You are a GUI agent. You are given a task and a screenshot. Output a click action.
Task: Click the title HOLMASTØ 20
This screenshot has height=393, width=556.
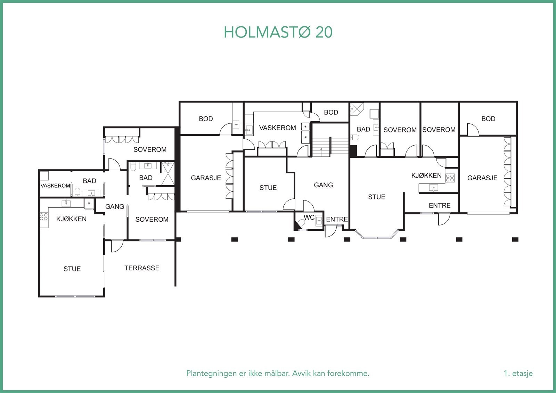278,32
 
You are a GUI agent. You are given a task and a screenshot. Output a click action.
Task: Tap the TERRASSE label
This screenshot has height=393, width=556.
142,268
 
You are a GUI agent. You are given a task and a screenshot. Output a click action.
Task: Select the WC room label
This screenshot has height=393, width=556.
309,218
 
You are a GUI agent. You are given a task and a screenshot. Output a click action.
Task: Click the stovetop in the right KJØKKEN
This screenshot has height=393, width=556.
450,178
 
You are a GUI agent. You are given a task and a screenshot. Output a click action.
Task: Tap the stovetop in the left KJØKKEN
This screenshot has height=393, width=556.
44,217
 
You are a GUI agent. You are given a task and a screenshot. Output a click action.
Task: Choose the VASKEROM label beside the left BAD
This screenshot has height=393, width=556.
55,186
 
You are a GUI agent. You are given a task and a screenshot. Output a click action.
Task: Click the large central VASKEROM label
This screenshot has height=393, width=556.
278,128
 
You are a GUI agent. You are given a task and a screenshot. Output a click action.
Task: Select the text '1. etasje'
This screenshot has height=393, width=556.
518,373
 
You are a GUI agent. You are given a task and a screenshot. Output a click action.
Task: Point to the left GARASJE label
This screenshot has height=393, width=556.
206,178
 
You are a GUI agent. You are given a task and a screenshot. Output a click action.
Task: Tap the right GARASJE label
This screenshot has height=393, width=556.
482,178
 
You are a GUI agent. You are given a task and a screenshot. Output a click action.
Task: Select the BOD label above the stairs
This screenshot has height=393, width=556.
331,113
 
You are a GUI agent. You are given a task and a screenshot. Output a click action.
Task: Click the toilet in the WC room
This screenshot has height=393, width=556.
301,223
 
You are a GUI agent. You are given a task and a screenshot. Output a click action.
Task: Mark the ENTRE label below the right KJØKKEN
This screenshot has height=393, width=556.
440,206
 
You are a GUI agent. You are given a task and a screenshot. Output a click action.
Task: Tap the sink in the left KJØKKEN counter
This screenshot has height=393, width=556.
66,204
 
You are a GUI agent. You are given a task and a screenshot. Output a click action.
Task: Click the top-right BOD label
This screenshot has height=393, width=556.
488,119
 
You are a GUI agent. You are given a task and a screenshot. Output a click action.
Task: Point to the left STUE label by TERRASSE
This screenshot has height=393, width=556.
72,269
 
